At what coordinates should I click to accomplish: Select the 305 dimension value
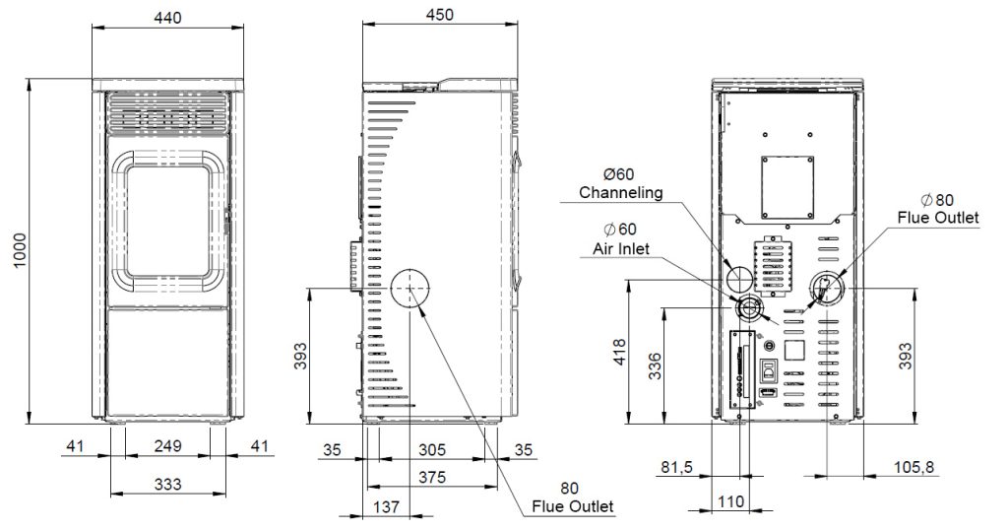coord(431,450)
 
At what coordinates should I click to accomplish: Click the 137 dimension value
coord(387,507)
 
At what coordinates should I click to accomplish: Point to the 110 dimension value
coord(729,501)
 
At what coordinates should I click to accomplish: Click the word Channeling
coord(621,191)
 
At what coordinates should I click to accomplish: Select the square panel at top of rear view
coord(786,186)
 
